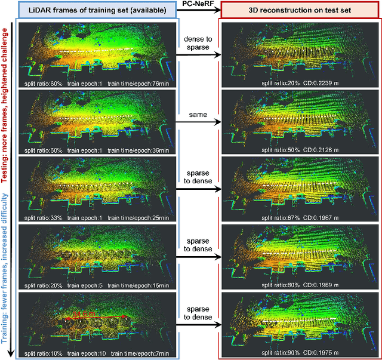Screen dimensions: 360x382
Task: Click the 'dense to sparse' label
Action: (x=198, y=44)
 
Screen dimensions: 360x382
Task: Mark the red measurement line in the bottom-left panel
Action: (x=96, y=317)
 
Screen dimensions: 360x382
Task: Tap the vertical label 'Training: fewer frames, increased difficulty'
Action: (x=6, y=263)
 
